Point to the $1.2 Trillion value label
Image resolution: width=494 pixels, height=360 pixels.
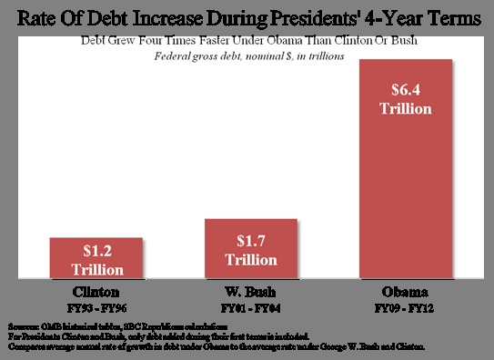tap(86, 259)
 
